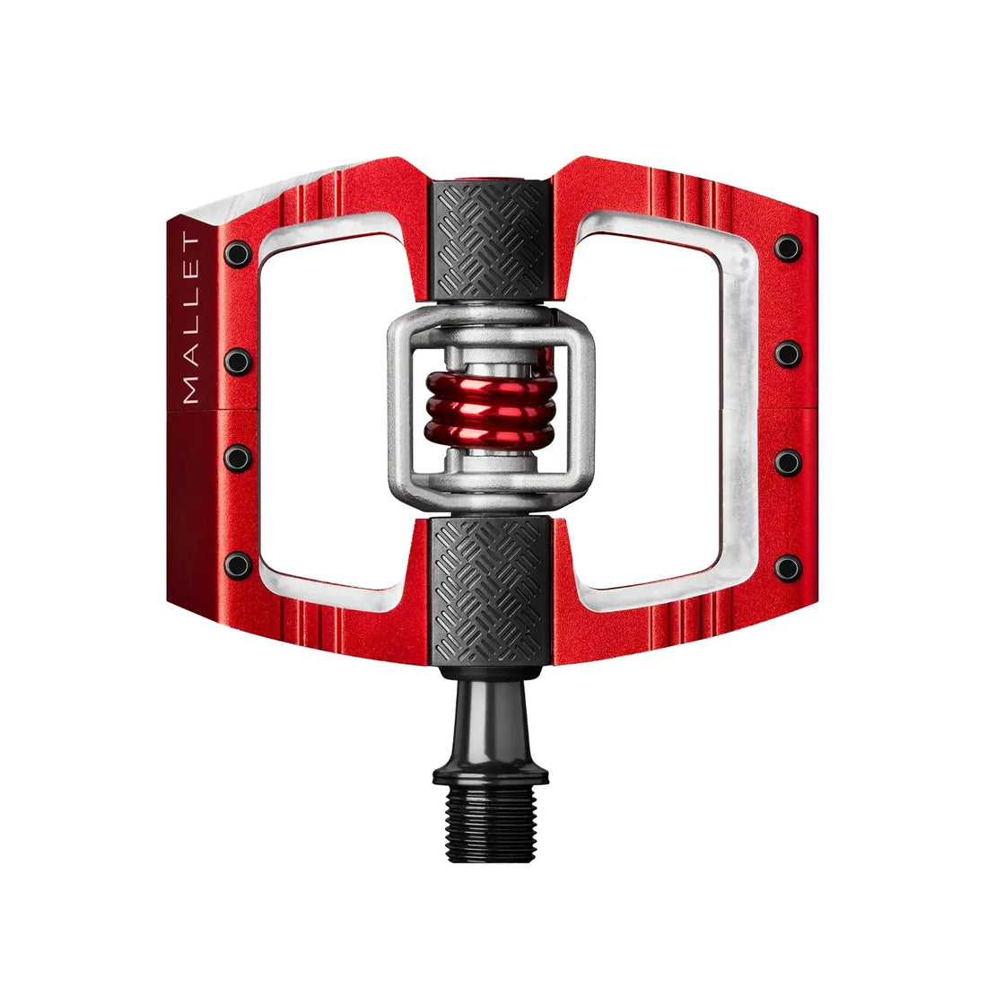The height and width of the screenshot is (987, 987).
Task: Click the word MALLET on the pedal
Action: point(190,319)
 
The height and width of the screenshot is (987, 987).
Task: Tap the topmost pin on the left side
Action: point(238,253)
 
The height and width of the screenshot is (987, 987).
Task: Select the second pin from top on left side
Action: point(238,361)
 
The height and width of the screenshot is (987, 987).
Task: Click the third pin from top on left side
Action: point(238,458)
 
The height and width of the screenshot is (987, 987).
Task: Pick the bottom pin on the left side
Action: point(238,564)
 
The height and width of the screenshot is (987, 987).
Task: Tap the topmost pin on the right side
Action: point(788,248)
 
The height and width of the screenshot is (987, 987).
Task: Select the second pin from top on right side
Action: point(788,354)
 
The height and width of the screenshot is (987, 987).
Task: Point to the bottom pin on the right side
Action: point(788,568)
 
